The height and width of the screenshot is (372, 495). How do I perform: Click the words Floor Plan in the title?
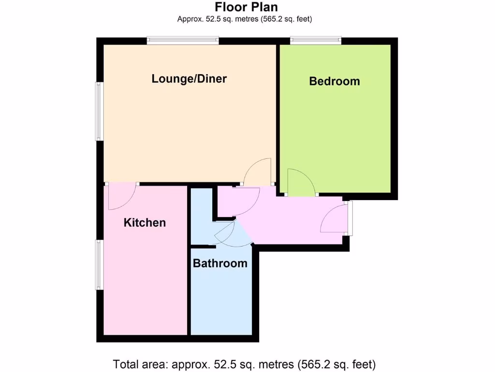pyautogui.click(x=247, y=7)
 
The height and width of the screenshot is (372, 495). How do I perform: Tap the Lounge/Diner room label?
pyautogui.click(x=189, y=78)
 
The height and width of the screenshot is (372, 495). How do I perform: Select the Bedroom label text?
pyautogui.click(x=335, y=81)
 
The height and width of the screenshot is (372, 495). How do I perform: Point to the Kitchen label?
pyautogui.click(x=145, y=222)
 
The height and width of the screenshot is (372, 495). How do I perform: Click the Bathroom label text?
pyautogui.click(x=220, y=263)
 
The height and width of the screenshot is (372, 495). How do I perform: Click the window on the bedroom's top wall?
pyautogui.click(x=316, y=41)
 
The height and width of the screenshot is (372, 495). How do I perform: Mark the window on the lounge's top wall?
pyautogui.click(x=183, y=41)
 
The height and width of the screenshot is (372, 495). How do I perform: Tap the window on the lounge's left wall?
pyautogui.click(x=99, y=111)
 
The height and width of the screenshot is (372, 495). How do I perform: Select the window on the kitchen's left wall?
pyautogui.click(x=99, y=265)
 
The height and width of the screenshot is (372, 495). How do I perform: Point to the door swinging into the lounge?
pyautogui.click(x=259, y=172)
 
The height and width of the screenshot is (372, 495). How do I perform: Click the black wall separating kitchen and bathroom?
pyautogui.click(x=189, y=262)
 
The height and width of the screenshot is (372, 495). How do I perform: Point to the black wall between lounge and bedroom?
pyautogui.click(x=278, y=116)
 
